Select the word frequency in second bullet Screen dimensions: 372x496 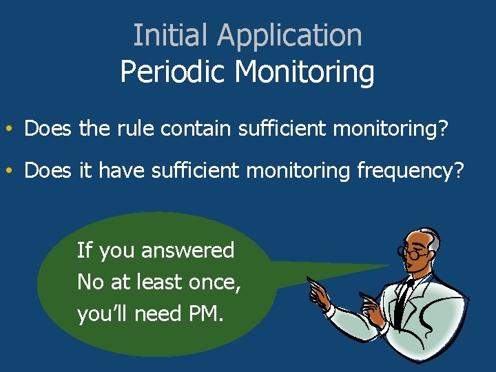coord(410,171)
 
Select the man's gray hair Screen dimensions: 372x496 coord(432,238)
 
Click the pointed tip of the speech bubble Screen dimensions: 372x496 coord(387,266)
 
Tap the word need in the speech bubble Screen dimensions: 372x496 coord(158,314)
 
